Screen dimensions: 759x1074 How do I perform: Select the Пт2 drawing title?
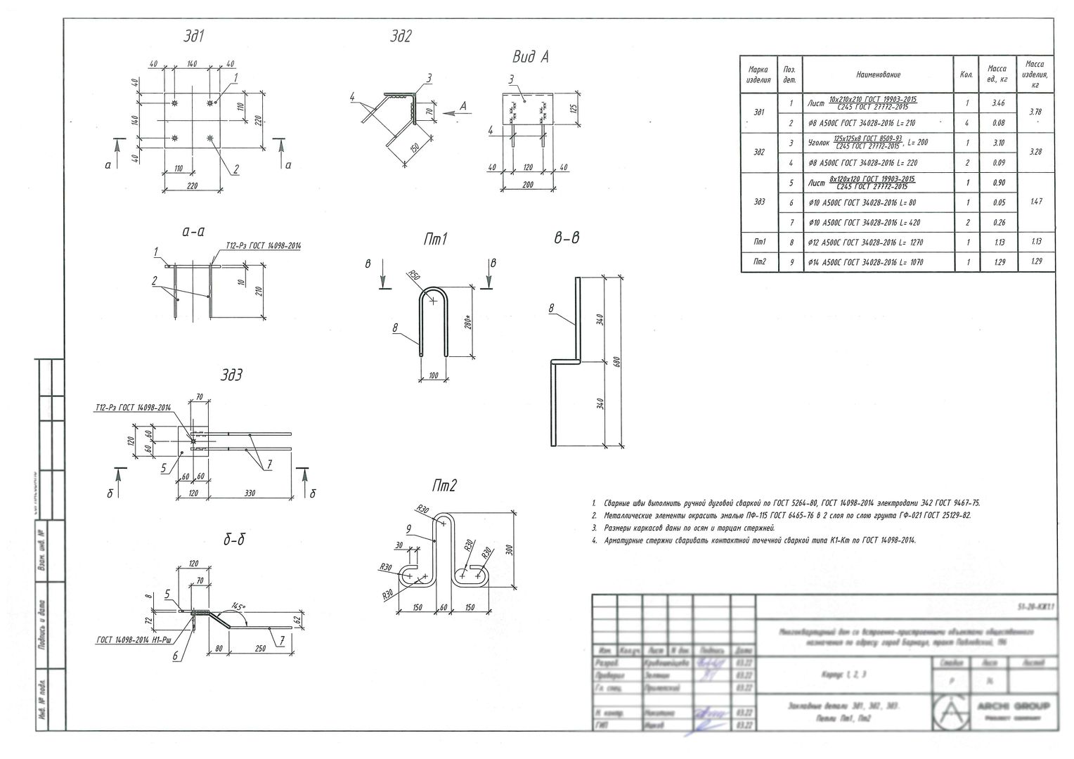coord(444,486)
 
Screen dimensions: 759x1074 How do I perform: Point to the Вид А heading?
coord(530,58)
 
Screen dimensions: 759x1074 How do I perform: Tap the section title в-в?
coord(566,238)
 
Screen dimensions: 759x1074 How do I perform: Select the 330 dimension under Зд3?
coord(250,493)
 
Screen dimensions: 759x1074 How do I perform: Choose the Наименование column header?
coord(878,74)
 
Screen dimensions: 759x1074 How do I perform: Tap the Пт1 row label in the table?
coord(759,242)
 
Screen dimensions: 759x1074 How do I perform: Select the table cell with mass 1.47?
coord(1035,202)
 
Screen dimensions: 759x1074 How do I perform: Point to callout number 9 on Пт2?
coord(408,528)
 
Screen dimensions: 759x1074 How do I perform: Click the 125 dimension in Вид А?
coord(573,109)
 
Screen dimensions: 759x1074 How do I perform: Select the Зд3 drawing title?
coord(231,376)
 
